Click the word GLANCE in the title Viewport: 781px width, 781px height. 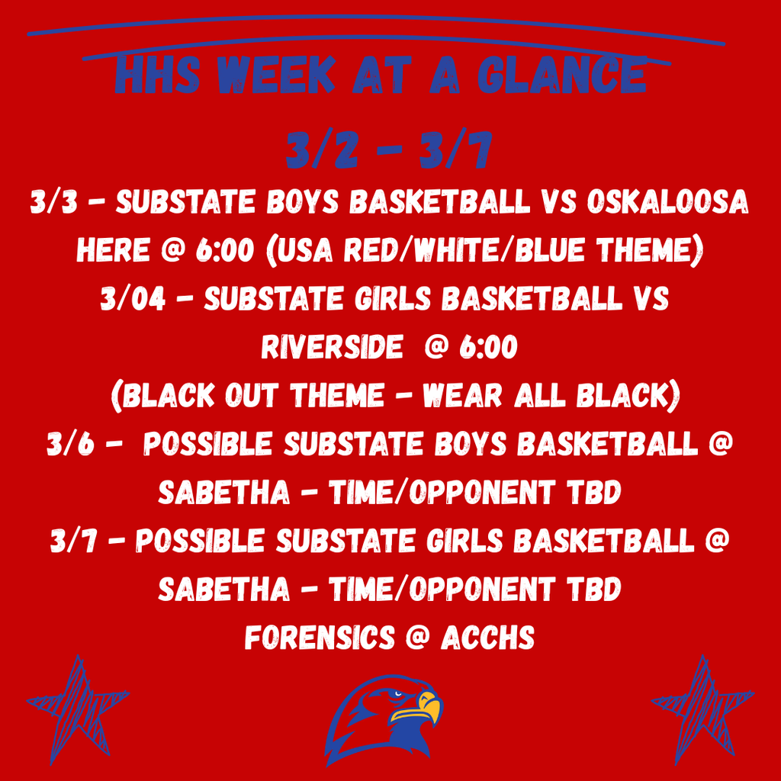tap(562, 76)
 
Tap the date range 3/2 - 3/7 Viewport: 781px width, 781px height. tap(390, 150)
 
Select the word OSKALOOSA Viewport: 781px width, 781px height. tap(667, 202)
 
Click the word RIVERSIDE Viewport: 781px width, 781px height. tap(333, 347)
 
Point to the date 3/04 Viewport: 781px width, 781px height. tap(133, 299)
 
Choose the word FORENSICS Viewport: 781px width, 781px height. tap(319, 638)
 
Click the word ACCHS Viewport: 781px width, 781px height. tap(487, 638)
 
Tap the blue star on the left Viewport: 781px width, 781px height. tap(78, 709)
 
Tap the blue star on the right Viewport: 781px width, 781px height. tap(702, 709)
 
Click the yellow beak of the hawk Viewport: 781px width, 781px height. tap(423, 707)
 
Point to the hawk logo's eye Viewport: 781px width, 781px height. tap(397, 694)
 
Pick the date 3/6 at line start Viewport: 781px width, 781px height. tap(70, 444)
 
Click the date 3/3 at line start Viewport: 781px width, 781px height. tap(54, 202)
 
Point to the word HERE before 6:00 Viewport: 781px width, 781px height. tap(113, 250)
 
